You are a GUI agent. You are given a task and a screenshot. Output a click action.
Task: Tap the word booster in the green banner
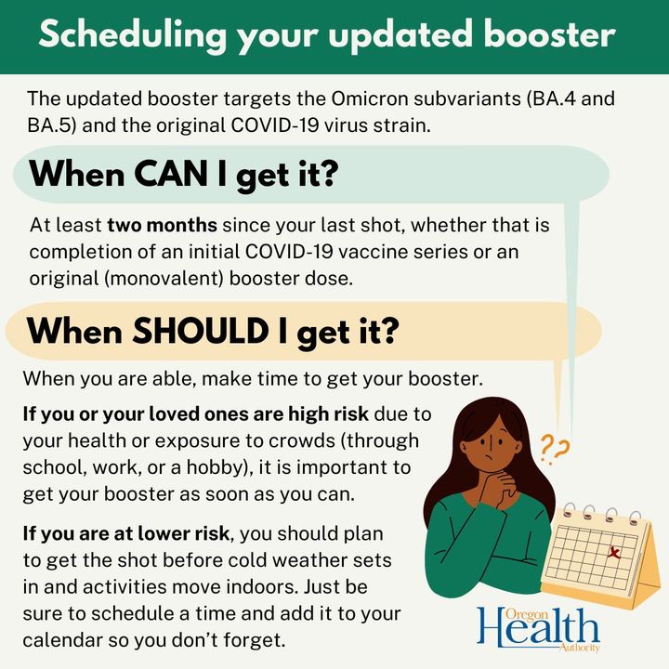549,34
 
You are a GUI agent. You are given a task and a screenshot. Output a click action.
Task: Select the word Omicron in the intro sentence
370,98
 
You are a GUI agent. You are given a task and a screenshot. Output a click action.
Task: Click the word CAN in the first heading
170,174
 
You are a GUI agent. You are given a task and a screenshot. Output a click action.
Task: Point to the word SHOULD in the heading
201,331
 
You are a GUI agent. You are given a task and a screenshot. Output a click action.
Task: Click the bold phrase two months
162,225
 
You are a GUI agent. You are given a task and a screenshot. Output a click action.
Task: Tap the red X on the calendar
614,553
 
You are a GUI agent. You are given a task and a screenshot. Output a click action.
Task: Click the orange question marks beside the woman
555,449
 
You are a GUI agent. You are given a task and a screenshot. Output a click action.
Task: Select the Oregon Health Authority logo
538,629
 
